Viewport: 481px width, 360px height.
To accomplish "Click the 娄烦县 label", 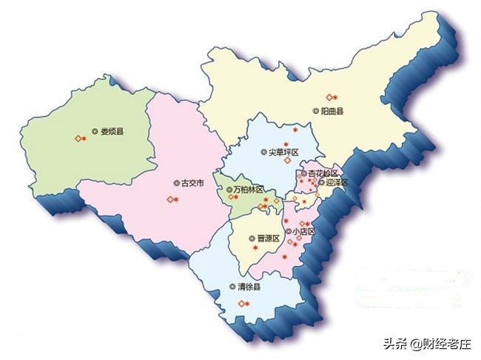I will click(112, 132).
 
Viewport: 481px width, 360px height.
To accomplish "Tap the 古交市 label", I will click(190, 182).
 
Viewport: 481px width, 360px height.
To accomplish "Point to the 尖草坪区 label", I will click(283, 152).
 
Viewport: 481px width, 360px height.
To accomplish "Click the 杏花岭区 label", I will click(323, 173).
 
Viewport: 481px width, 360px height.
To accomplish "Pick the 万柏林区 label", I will click(246, 190).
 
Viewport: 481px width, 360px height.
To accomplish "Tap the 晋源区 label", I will click(267, 239).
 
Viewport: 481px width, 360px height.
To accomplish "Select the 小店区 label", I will click(303, 231).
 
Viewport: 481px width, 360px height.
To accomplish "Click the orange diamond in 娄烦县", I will click(77, 138).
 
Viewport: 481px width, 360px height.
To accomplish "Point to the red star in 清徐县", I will click(246, 304).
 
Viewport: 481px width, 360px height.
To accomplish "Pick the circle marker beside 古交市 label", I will click(175, 182).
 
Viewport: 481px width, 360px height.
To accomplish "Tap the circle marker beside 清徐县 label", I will click(232, 286).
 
